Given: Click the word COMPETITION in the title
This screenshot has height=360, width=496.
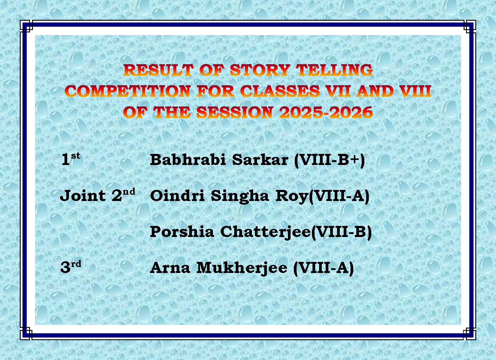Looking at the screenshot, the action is (127, 91).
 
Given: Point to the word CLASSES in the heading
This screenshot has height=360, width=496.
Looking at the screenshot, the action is (280, 91).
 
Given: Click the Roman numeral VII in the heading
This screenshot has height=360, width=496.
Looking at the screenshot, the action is (338, 91).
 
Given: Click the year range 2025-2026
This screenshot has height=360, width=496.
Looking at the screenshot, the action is (325, 112).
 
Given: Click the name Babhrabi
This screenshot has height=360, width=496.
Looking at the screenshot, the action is (188, 159).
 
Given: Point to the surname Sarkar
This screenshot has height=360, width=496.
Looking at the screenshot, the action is (260, 159).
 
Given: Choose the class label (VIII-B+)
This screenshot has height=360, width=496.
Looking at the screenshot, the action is (330, 160).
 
